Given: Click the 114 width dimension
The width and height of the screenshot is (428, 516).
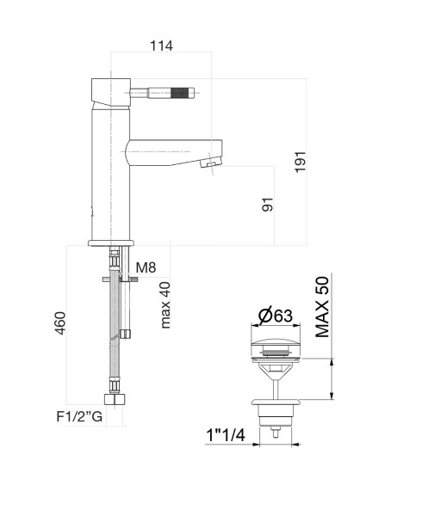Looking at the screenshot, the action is coord(161,46).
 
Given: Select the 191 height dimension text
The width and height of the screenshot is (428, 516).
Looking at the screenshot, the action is coord(301,162).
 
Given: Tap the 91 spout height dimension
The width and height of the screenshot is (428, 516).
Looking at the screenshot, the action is coord(268,205).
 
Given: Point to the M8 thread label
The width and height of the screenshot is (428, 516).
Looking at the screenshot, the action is coord(146,267).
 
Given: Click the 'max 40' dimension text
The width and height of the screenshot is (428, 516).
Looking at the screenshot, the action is coord(165,304).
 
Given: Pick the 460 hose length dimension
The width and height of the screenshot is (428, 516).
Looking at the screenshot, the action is coord(60,322).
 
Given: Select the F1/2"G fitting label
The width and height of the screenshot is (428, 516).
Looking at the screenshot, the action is coord(79,416).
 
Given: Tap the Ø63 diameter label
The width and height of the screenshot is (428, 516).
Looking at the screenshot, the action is coord(276,316).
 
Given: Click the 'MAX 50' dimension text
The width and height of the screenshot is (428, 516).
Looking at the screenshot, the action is coord(322,307).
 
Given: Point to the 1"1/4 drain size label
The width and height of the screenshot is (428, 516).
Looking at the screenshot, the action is coord(226,435).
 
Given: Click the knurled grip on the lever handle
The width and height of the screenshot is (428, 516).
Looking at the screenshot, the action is coord(180,93).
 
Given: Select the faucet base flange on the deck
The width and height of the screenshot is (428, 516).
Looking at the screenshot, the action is coord(111,243).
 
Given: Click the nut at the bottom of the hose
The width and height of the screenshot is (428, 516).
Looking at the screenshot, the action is coord(115,399).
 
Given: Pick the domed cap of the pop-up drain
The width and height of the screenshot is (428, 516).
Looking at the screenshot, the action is coord(276,342).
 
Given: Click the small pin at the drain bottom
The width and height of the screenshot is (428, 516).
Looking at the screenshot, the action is coord(276,433).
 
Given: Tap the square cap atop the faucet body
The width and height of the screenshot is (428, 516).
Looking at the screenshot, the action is coord(111,92).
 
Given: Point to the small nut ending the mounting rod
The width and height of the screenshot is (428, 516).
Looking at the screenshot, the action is coord(125,334).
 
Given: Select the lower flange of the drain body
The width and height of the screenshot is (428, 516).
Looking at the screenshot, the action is coord(276,402).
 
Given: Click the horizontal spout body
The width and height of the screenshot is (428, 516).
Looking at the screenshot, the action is coord(174,152).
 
